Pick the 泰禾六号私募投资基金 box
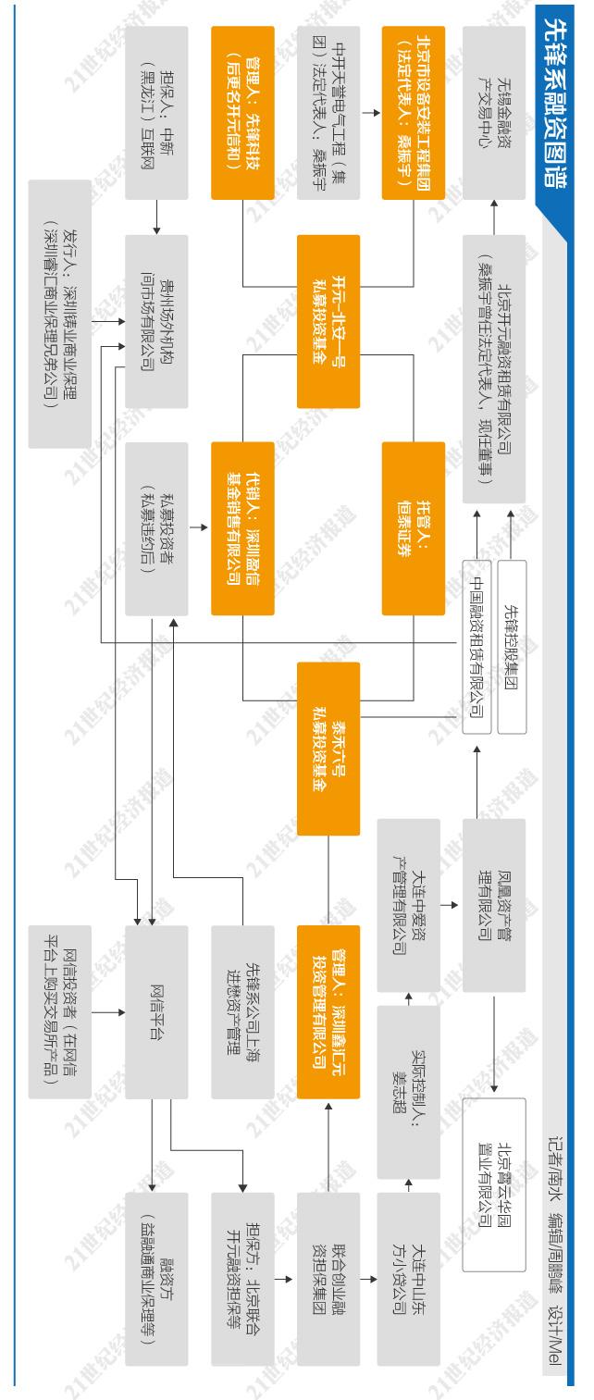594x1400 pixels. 328,737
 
